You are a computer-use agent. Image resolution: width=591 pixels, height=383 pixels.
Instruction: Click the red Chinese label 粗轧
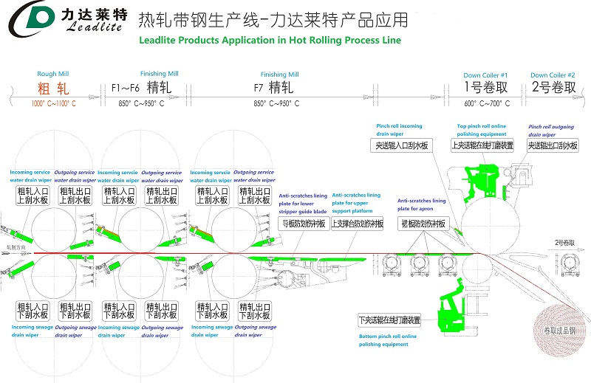pyautogui.click(x=53, y=89)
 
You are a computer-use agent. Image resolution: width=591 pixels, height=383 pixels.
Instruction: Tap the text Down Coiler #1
pyautogui.click(x=485, y=75)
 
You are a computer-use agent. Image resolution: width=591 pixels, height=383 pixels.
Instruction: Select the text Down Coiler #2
pyautogui.click(x=552, y=75)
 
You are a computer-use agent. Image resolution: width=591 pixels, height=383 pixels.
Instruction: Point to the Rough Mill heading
pyautogui.click(x=52, y=74)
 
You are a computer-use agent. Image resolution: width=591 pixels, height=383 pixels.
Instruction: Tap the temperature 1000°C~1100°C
pyautogui.click(x=53, y=103)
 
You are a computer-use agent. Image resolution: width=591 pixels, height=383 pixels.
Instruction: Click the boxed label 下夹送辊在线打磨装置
pyautogui.click(x=389, y=320)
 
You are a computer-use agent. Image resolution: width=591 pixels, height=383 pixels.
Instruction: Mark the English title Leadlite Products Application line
pyautogui.click(x=270, y=40)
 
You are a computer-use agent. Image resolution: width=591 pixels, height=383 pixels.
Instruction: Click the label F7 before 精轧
pyautogui.click(x=259, y=89)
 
